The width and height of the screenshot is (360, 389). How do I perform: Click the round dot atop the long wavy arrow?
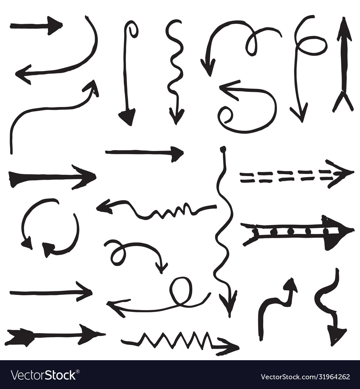(x=223, y=148)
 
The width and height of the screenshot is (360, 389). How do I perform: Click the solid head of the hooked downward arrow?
(x=127, y=116)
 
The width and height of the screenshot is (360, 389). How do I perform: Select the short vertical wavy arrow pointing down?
(x=175, y=72)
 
